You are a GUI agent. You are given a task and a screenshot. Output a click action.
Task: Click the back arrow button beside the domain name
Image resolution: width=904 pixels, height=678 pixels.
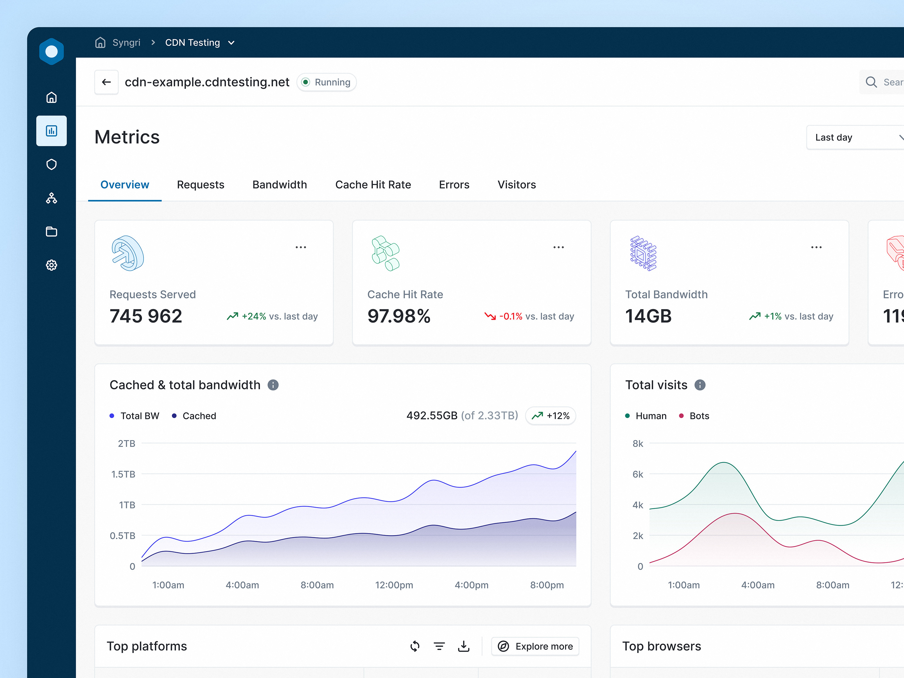coord(106,82)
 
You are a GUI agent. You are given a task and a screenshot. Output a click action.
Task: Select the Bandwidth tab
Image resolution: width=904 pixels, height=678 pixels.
coord(280,185)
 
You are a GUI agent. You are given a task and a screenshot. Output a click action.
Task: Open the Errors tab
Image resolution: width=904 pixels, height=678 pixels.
coord(454,185)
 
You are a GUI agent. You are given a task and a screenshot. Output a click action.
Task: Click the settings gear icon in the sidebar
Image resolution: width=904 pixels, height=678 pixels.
coord(51,265)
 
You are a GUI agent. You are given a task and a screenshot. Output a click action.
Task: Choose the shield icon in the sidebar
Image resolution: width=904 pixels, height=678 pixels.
coord(51,165)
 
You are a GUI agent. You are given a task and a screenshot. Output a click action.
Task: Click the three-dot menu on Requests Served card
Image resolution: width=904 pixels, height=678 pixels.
coord(301,247)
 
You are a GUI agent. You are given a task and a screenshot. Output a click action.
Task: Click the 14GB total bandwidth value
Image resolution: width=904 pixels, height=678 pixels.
coord(648,316)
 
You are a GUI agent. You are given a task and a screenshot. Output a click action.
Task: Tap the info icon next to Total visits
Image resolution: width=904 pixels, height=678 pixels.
coord(700,385)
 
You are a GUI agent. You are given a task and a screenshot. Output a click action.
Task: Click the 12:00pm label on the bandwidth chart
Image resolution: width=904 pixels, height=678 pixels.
coord(394,585)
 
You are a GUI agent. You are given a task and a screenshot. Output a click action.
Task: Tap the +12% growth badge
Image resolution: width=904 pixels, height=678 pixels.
coord(551,416)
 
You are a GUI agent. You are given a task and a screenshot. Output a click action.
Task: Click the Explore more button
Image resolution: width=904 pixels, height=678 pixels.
coord(535,646)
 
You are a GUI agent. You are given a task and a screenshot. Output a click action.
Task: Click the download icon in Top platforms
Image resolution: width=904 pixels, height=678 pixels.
coord(464,646)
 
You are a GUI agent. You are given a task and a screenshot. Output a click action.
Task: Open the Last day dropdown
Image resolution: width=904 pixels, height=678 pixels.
coord(854,137)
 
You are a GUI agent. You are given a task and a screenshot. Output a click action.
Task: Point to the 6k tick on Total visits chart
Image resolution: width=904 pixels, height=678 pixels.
coord(638,474)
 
